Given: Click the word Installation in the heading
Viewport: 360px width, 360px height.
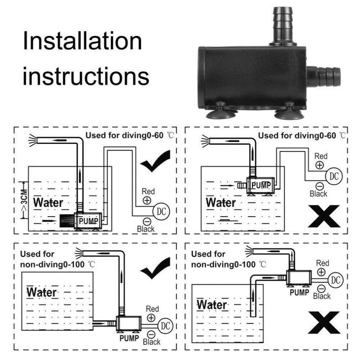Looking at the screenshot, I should (82, 41).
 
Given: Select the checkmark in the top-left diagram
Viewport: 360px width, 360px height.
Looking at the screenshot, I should (155, 161).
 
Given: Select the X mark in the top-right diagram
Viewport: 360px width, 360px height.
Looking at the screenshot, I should (323, 216).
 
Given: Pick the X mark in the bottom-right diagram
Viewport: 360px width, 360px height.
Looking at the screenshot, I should (323, 322).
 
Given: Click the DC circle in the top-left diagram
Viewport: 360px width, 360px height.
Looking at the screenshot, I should (160, 211).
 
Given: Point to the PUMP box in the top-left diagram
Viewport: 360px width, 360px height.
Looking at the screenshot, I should (88, 221).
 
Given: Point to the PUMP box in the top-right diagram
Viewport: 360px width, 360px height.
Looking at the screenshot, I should (261, 185).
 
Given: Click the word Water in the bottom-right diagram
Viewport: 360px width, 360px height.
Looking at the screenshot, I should (212, 305).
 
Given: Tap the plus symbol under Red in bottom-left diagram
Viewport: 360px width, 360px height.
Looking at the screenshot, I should (151, 317).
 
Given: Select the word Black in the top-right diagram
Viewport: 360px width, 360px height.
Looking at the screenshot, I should (319, 194).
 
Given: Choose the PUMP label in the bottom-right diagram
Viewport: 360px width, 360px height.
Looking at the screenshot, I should (299, 293).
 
